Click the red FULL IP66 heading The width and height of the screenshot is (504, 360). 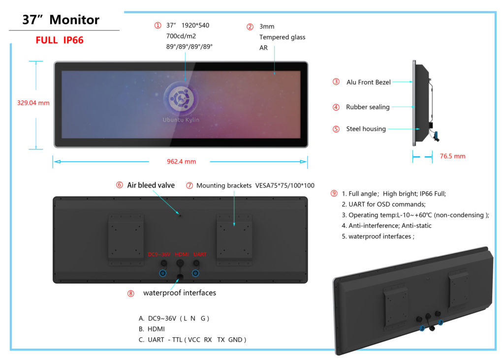point(60,40)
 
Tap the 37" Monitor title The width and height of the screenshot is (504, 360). point(61,20)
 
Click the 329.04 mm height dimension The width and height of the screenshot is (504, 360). point(33,103)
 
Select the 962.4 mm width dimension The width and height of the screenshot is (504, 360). point(181,161)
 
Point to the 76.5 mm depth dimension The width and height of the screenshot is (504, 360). point(453,156)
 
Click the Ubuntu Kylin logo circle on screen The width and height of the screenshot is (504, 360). point(181,98)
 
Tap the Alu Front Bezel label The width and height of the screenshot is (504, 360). point(368,82)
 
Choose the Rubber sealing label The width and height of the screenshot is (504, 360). point(368,107)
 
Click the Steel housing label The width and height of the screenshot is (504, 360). point(366,129)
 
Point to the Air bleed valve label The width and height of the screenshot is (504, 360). point(151,185)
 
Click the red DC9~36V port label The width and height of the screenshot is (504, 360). point(159,254)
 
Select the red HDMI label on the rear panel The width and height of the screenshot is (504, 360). point(182,254)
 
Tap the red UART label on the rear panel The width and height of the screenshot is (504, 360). point(200,254)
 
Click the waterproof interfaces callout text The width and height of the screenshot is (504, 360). point(180,293)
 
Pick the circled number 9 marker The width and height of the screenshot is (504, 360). point(334,193)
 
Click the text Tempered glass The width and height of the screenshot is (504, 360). point(282,37)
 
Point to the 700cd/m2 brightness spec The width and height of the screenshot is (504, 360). point(181,36)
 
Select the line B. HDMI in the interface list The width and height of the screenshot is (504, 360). point(152,329)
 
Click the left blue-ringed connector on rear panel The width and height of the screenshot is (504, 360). point(163,273)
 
